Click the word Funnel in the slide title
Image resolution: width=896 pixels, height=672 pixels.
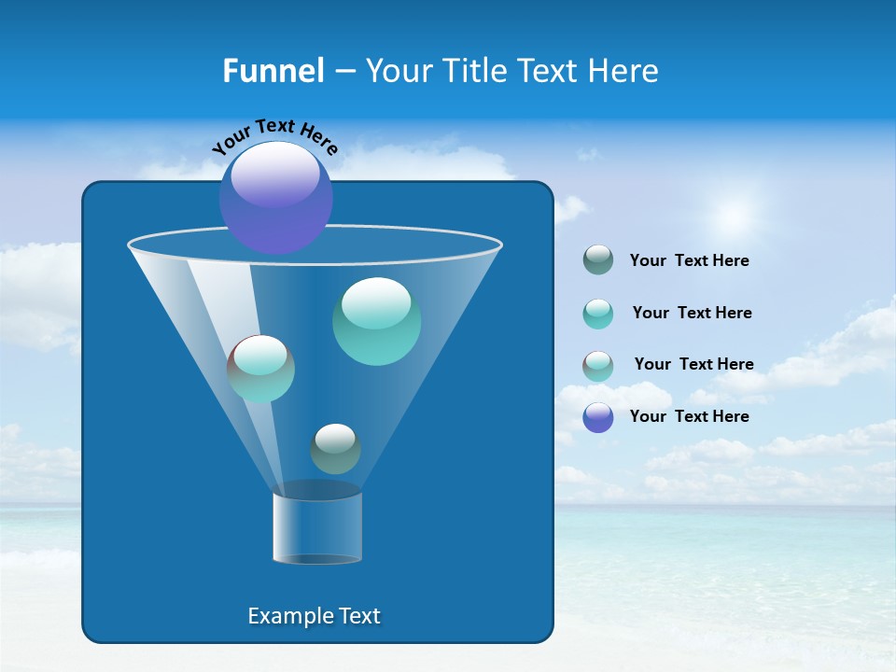tap(273, 71)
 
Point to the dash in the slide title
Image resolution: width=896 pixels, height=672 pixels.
tap(344, 72)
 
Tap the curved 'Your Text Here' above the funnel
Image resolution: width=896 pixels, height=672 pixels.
tap(274, 136)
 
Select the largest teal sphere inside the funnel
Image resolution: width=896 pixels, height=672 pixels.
tap(376, 321)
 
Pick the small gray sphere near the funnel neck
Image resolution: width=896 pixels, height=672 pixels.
tap(335, 449)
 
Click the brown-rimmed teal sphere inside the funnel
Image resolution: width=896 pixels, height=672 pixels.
tap(260, 369)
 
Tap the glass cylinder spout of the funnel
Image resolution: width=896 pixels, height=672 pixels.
tap(317, 527)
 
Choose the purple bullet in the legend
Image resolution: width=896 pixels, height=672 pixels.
tap(598, 417)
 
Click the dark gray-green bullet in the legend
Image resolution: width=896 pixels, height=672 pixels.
tap(598, 260)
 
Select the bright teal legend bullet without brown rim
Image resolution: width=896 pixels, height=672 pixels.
tap(598, 314)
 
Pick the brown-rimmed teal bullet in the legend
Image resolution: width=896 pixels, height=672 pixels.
tap(598, 365)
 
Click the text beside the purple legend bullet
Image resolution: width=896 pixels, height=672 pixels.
tap(689, 416)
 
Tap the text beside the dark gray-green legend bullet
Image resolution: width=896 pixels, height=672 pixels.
tap(689, 260)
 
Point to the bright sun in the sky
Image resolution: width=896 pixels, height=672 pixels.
tap(734, 216)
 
